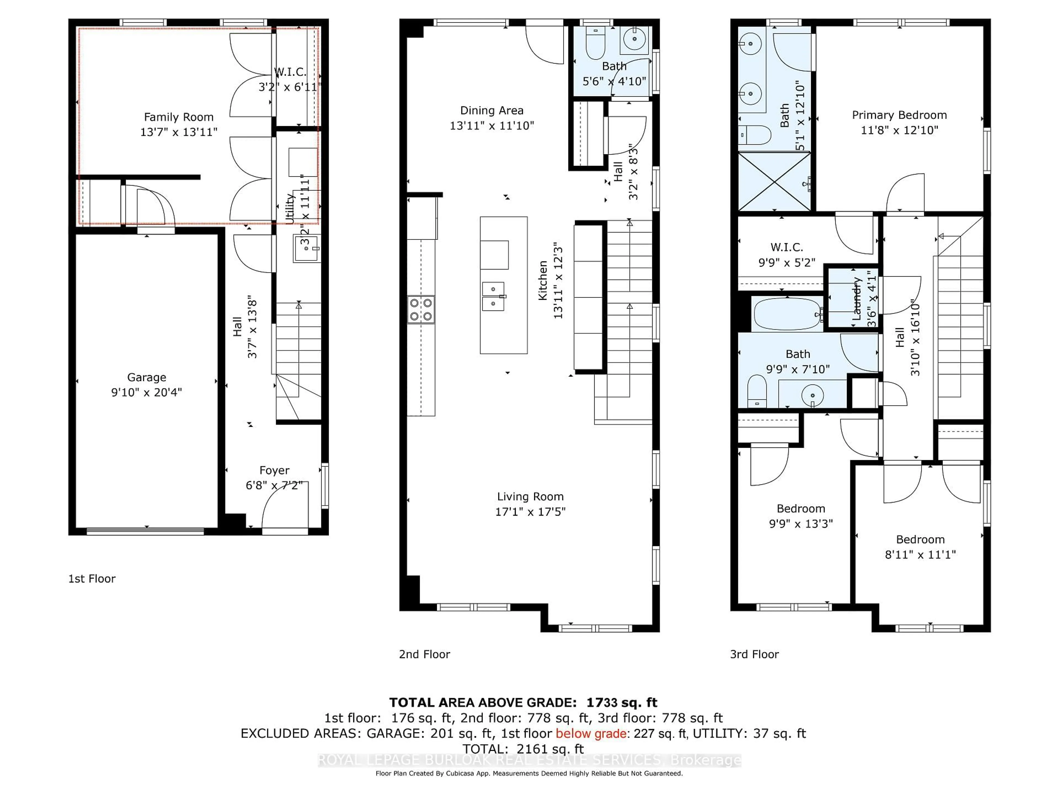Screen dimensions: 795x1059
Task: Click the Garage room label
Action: point(146,377)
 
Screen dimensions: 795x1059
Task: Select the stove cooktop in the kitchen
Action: point(421,309)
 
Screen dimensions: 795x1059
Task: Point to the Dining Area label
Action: point(492,111)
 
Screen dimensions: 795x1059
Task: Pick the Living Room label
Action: point(530,496)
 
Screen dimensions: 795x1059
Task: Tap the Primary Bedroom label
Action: point(899,115)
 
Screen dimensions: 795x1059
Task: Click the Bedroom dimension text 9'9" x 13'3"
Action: point(801,524)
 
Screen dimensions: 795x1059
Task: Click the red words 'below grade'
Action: point(591,733)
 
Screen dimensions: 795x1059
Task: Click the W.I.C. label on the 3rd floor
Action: point(787,247)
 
